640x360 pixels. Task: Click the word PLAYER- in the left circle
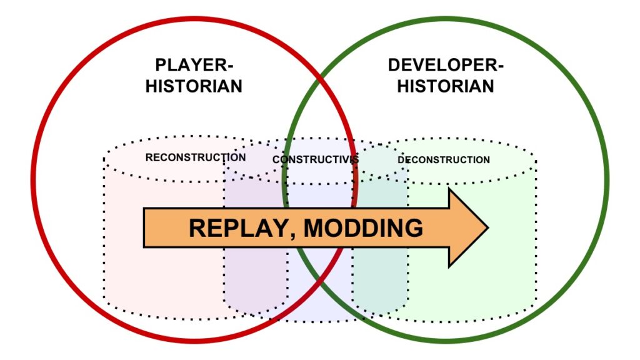(194, 65)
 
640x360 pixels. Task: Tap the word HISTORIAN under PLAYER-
(194, 86)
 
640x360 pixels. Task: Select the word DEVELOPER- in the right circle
(446, 65)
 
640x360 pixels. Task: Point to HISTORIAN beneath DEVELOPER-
(446, 86)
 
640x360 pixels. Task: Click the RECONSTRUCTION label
(196, 157)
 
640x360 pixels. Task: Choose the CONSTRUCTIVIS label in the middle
(316, 159)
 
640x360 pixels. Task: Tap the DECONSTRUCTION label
(444, 159)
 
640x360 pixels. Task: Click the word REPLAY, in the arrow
(243, 228)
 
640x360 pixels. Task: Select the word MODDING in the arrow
(364, 227)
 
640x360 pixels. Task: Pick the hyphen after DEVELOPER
(500, 67)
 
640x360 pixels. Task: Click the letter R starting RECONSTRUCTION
(149, 157)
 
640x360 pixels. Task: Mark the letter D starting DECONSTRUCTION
(401, 159)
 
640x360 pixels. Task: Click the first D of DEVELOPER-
(394, 65)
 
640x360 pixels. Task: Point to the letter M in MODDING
(314, 227)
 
